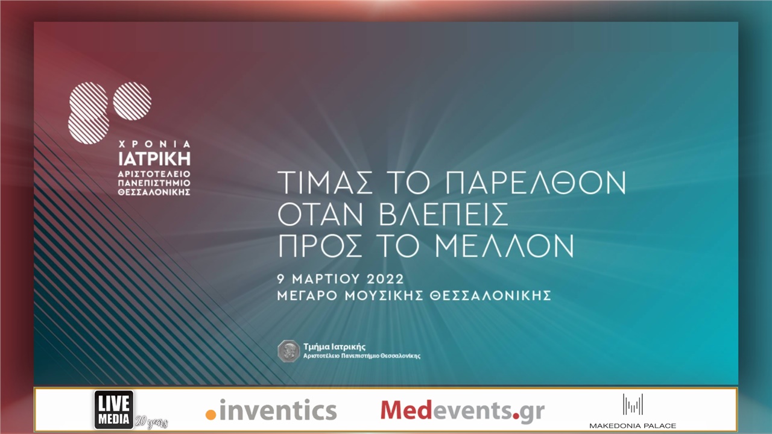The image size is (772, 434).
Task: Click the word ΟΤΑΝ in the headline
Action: [320, 215]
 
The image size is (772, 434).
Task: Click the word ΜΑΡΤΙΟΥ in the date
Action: [326, 279]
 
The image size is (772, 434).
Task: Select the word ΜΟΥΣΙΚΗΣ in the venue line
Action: [387, 296]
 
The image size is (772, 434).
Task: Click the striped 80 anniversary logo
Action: [109, 112]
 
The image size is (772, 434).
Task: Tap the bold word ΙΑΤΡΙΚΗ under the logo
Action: [154, 159]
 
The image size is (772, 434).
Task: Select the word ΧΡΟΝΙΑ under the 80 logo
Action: [154, 145]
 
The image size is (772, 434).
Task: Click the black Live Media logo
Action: [114, 409]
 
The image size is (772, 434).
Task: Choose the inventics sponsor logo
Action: [271, 410]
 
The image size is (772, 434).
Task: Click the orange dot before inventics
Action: [210, 415]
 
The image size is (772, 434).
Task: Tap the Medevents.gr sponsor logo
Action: [462, 410]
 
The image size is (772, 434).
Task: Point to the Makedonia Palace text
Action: [633, 426]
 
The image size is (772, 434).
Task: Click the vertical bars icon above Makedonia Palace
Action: [633, 404]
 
